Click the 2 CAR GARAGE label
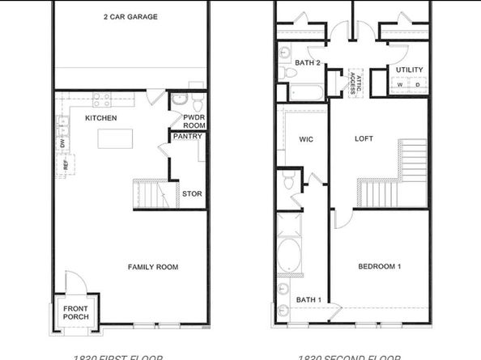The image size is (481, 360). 130,16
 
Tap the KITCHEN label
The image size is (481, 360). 101,118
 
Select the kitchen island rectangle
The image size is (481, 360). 114,139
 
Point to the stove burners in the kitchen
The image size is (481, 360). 102,100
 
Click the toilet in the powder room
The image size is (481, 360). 180,101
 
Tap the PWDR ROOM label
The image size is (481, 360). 194,121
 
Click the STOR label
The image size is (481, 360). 192,194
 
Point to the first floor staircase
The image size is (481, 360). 154,195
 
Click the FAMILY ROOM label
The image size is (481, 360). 153,267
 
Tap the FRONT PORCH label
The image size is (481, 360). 76,311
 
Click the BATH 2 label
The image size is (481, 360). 309,62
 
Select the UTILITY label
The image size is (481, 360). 409,70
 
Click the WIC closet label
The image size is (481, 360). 306,139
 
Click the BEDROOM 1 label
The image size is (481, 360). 381,267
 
